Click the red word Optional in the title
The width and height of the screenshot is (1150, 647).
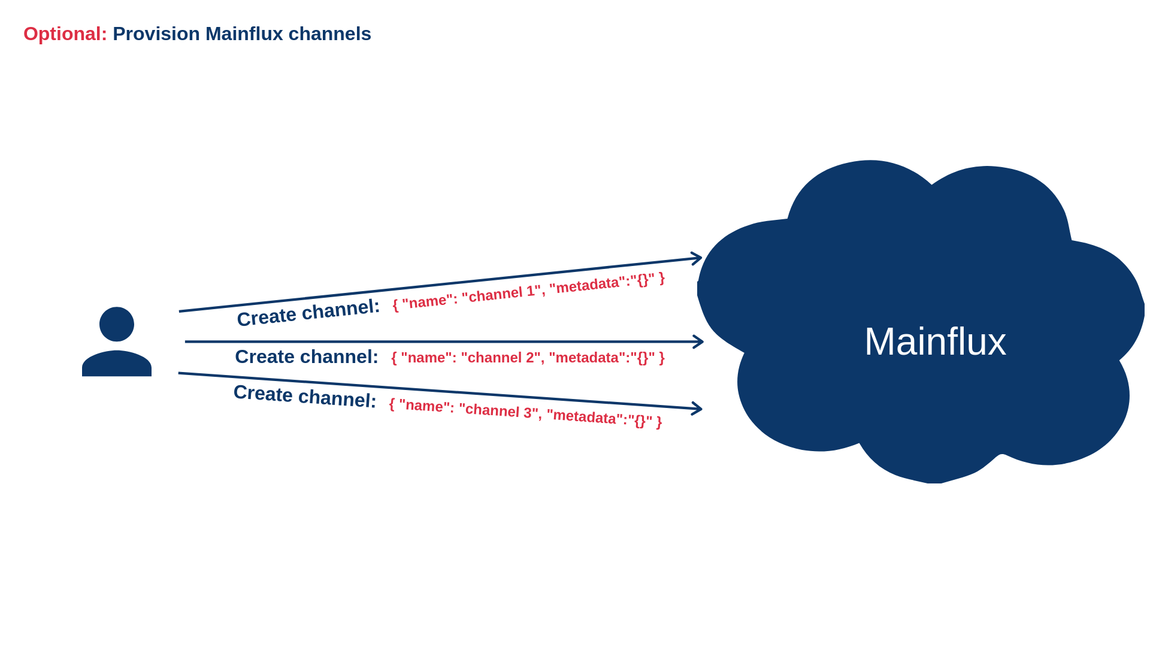(65, 34)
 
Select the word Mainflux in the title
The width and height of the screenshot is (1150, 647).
(244, 34)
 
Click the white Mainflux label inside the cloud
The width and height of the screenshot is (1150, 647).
(934, 341)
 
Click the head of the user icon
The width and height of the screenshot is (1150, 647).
(117, 324)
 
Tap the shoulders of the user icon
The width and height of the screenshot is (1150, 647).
(117, 364)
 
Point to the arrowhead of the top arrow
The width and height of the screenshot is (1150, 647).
(697, 258)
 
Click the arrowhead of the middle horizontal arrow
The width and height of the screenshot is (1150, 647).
(699, 341)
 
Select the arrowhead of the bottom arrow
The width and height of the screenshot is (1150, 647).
(697, 409)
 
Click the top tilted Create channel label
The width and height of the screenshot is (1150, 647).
(308, 312)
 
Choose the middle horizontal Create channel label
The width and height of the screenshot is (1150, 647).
(306, 356)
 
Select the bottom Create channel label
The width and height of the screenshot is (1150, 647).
(305, 396)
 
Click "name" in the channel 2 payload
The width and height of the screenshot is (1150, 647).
(425, 358)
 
